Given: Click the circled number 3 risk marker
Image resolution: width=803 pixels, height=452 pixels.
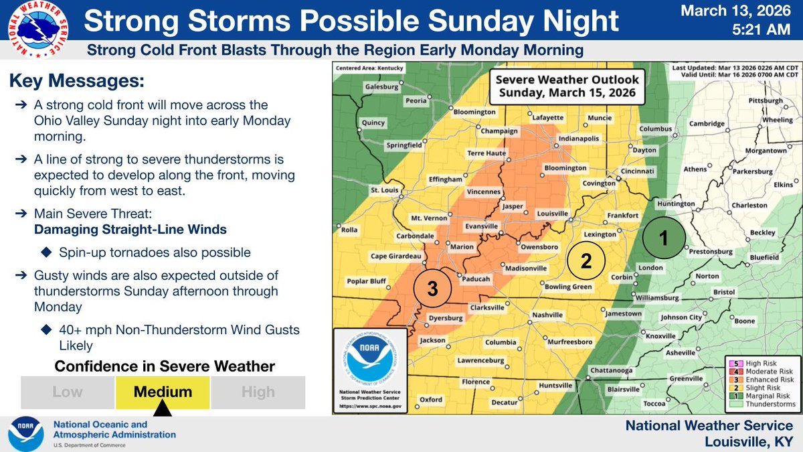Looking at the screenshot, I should (x=432, y=289).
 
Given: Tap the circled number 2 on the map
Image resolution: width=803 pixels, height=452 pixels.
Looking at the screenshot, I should (x=586, y=261).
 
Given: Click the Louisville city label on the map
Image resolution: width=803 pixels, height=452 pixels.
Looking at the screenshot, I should (x=552, y=214).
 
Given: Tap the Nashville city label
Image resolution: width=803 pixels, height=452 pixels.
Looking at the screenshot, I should (x=547, y=315).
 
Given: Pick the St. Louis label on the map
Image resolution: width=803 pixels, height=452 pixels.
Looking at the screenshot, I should (x=385, y=191).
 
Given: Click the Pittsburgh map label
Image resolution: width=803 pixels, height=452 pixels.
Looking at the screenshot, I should (x=766, y=101).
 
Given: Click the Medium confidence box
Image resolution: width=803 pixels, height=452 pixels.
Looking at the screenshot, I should (x=163, y=392).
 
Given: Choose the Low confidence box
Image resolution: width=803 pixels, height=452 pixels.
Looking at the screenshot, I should (x=68, y=392).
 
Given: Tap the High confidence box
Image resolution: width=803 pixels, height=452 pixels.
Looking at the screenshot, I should (x=258, y=392).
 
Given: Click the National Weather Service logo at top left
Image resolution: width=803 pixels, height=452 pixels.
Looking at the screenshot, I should (x=38, y=27).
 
